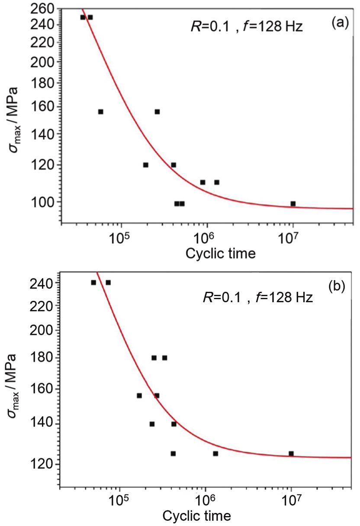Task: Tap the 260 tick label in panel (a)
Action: pyautogui.click(x=45, y=9)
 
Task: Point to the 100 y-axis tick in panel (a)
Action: pyautogui.click(x=45, y=202)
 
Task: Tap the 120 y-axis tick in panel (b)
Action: pyautogui.click(x=45, y=464)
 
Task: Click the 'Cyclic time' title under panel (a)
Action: pyautogui.click(x=221, y=254)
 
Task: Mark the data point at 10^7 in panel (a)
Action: pyautogui.click(x=293, y=203)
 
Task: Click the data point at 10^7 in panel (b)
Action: pyautogui.click(x=291, y=453)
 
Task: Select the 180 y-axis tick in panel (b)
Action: pyautogui.click(x=45, y=358)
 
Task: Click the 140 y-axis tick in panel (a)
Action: pyautogui.click(x=45, y=134)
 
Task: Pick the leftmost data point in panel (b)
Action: pyautogui.click(x=93, y=282)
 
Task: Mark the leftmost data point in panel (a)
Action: pyautogui.click(x=83, y=17)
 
